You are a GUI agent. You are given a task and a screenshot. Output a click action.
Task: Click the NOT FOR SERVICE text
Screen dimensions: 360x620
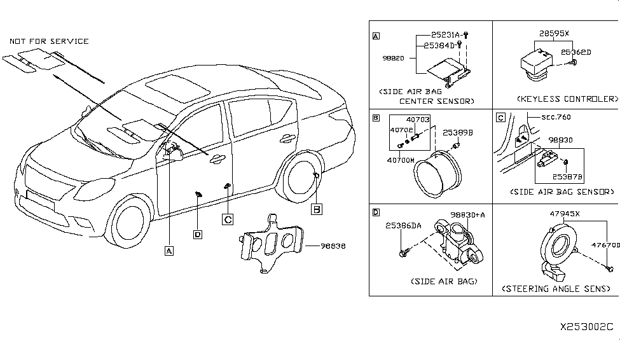coord(49,41)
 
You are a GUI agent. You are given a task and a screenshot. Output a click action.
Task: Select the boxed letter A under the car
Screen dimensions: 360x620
coord(169,251)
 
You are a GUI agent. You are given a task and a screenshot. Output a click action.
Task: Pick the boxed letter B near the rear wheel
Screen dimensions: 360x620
coord(317,209)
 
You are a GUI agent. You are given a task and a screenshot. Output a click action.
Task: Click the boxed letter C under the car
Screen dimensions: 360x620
coord(227,219)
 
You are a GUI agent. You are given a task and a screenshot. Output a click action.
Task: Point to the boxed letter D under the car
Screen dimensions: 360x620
coord(198,234)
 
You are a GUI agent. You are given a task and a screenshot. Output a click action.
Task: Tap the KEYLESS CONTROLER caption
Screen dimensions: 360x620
coord(567,99)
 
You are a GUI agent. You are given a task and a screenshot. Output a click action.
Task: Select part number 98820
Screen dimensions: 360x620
coord(394,58)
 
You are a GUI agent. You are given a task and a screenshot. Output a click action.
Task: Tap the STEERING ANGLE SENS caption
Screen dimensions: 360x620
coord(556,289)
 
